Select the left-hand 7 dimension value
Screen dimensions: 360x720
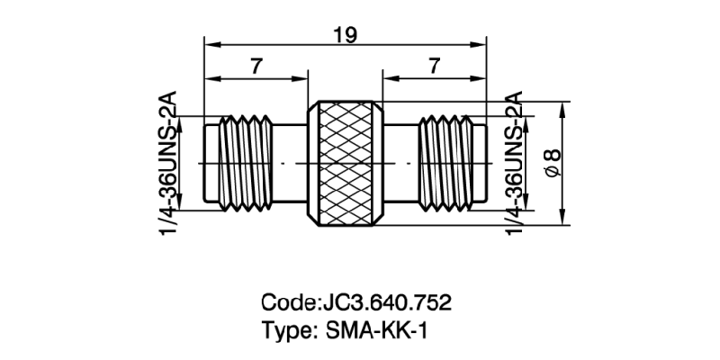click(x=256, y=66)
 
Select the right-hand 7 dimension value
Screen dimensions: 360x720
click(x=435, y=66)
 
